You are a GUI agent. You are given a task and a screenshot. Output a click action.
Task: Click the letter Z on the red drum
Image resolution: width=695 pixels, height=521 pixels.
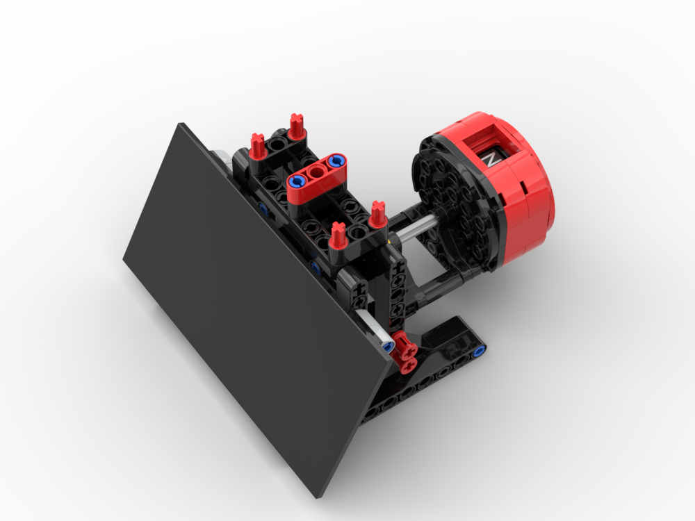click(491, 158)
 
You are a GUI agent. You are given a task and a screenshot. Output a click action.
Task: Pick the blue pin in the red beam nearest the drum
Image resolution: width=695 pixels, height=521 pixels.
click(336, 162)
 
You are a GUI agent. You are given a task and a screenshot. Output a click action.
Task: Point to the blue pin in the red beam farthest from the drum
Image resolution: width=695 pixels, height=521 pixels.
click(297, 182)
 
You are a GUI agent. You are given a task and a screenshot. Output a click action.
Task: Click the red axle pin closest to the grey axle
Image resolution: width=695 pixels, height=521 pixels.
click(378, 215)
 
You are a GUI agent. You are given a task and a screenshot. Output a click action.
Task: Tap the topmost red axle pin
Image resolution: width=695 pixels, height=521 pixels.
click(297, 126)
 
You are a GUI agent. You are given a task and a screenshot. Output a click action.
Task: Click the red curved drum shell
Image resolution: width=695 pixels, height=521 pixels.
click(532, 195)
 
